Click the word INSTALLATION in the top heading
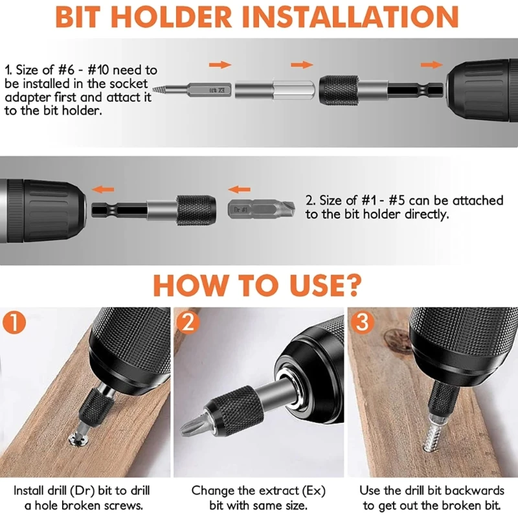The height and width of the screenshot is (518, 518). [x=350, y=17]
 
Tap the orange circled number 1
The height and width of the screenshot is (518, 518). [x=14, y=322]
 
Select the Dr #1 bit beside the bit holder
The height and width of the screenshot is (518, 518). [x=262, y=209]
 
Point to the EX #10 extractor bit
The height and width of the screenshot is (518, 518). [x=192, y=89]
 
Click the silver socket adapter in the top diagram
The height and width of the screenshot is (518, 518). [x=275, y=89]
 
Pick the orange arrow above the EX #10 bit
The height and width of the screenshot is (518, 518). [x=220, y=64]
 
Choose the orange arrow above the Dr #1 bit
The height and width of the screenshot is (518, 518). [x=239, y=190]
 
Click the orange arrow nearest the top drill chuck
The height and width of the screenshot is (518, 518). [x=432, y=64]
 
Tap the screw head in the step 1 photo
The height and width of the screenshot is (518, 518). [x=78, y=440]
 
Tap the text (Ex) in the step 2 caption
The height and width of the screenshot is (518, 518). [x=313, y=491]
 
